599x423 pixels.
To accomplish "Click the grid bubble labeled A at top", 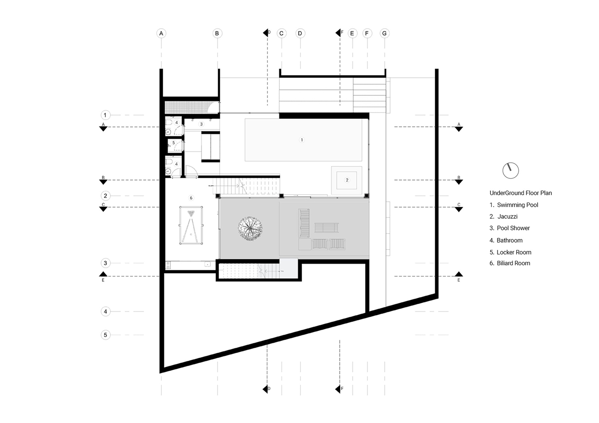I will click(161, 33).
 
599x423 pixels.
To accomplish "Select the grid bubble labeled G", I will click(384, 33).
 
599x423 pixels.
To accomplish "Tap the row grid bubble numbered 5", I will click(105, 335).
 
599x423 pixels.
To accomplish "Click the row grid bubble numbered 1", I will click(105, 115).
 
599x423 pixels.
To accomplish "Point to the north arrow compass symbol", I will click(511, 170).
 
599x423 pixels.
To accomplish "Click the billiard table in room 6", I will click(191, 225).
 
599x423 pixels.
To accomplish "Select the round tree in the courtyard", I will click(250, 229).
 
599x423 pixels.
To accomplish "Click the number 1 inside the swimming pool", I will click(302, 140).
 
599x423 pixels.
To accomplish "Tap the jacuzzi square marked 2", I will click(347, 180).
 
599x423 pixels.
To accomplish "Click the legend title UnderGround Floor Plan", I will click(521, 193).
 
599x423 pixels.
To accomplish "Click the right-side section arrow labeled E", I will click(458, 275).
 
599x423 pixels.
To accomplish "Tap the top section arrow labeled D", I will click(266, 33).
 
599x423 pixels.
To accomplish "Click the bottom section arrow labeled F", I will click(338, 389).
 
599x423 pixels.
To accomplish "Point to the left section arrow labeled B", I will click(103, 181).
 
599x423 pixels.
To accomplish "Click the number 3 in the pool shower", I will click(202, 124).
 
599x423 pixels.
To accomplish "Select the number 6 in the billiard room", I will click(191, 198).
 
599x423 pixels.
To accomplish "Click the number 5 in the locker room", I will click(173, 143).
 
